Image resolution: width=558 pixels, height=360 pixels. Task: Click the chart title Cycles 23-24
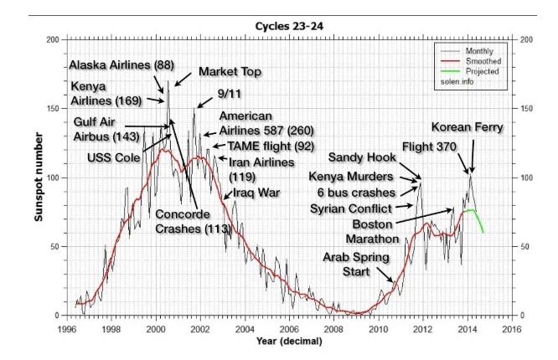(x=284, y=26)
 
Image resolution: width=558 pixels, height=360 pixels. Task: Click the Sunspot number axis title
(x=39, y=177)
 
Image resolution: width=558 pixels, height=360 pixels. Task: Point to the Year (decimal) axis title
(x=283, y=341)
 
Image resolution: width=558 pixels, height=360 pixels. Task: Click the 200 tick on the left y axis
(x=54, y=40)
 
